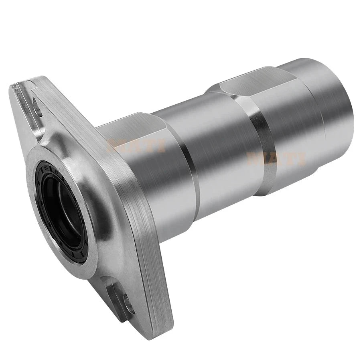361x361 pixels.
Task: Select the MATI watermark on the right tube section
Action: point(277,158)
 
